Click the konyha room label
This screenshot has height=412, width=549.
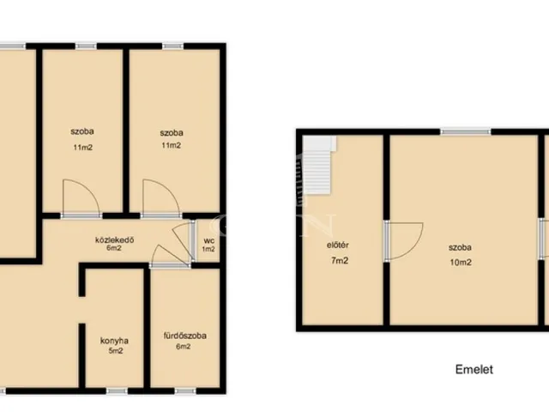(114, 341)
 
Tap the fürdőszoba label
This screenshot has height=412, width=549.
(185, 336)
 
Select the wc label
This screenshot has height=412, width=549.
(209, 241)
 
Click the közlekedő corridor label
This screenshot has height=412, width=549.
(114, 240)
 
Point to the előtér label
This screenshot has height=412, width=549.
(337, 245)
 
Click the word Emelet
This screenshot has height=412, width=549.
(474, 369)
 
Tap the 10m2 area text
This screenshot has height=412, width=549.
(461, 262)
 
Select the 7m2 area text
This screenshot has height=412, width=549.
(340, 260)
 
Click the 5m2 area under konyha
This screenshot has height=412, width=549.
(116, 351)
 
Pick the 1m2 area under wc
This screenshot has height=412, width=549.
(208, 249)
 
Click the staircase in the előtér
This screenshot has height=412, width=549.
(319, 165)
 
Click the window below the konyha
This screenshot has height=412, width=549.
(117, 391)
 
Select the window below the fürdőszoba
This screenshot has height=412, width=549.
(185, 391)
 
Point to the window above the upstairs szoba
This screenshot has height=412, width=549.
(466, 131)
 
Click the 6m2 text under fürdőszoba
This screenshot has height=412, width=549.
(183, 347)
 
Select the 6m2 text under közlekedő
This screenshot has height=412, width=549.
(114, 248)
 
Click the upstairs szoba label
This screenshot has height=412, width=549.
(460, 247)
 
